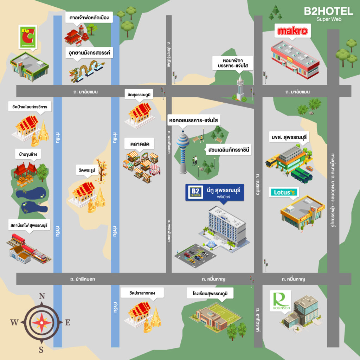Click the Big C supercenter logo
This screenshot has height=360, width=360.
tap(28, 37)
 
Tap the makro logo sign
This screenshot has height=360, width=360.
tap(292, 31)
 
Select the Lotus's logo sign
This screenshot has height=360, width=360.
tap(284, 192)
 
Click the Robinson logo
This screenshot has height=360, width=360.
tap(281, 301)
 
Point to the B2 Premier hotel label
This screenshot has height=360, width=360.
tap(214, 192)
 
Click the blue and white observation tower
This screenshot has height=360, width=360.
tap(183, 152)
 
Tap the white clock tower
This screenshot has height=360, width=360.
tap(240, 88)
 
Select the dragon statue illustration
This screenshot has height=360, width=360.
tap(86, 71)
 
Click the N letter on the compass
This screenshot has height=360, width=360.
tap(42, 296)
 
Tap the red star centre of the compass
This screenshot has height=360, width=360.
tap(41, 323)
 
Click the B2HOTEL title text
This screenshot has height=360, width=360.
tap(328, 11)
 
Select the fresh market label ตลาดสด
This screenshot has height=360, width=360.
tap(140, 144)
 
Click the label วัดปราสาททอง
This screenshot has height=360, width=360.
tap(142, 293)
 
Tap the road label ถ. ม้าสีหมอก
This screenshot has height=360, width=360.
tap(82, 279)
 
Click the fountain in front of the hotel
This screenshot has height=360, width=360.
tap(211, 244)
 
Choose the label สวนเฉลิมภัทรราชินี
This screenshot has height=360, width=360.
tap(229, 150)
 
